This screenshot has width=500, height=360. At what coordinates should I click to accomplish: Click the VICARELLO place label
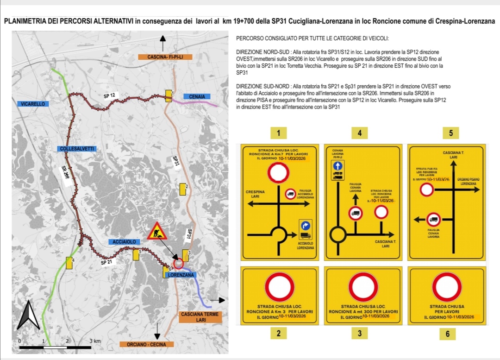click(33, 104)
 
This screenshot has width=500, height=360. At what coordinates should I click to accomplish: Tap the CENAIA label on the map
click(197, 96)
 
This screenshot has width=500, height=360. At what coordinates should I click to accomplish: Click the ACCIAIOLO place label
click(124, 242)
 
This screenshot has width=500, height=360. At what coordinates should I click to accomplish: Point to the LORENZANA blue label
click(181, 275)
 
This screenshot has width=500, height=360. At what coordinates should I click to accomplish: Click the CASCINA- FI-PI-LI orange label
click(165, 57)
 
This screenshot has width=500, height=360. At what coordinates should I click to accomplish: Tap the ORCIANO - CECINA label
click(146, 344)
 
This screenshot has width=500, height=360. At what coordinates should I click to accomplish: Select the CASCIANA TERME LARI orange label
click(200, 317)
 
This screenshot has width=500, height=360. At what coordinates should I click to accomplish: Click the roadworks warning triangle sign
click(158, 232)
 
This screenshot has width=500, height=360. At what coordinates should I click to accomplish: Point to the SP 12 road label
click(109, 95)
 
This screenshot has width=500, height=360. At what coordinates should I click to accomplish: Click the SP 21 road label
click(107, 262)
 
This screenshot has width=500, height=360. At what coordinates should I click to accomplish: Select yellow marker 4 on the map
click(69, 263)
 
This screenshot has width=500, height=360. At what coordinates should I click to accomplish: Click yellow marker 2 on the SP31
click(182, 189)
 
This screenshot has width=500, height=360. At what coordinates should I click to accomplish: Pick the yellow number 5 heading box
click(450, 133)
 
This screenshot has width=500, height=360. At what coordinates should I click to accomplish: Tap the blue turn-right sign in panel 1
click(305, 226)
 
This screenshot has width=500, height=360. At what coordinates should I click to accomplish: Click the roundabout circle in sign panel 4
click(338, 234)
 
